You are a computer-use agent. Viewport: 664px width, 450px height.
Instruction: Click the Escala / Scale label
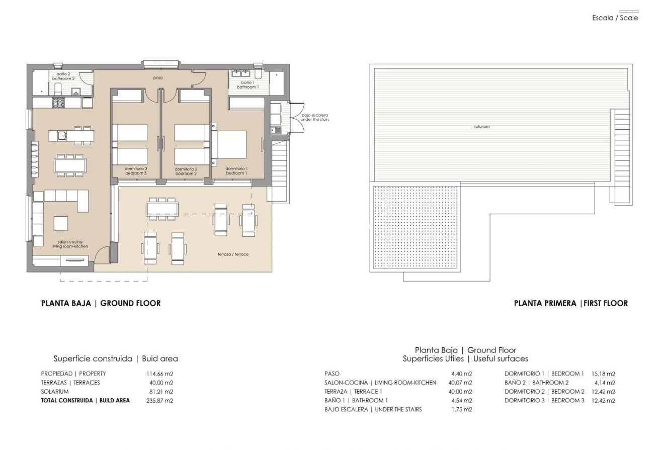pos(615,18)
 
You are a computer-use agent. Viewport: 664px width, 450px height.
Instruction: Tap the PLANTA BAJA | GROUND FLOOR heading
pos(101,303)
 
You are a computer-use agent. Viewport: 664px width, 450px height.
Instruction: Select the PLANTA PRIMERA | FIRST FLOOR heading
pos(570,303)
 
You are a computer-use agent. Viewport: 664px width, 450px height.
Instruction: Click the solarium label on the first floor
pos(481,127)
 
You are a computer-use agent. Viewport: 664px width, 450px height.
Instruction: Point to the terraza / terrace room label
pos(233,254)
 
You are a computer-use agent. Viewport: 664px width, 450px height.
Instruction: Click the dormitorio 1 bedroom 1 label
pos(236,171)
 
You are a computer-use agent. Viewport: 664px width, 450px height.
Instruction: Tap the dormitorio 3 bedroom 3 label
pos(136,171)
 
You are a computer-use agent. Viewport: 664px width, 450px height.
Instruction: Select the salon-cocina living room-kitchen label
pos(70,244)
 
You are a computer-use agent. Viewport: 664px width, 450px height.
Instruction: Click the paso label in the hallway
pos(158,78)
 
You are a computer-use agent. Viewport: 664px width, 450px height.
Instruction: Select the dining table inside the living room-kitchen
pos(70,165)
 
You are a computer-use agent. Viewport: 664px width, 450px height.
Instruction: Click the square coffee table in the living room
pos(61,223)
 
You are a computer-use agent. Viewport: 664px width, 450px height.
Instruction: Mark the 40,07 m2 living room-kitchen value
pos(461,383)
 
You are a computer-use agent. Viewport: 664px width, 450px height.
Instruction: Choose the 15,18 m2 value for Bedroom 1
pos(604,374)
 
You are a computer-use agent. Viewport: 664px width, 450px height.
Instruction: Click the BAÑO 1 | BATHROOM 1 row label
pos(356,401)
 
